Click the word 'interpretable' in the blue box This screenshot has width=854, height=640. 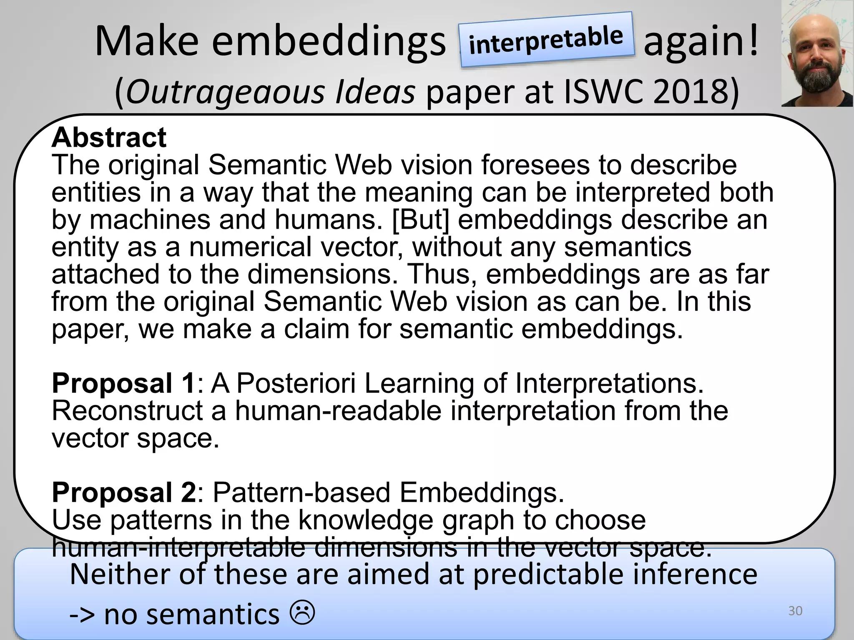[546, 40]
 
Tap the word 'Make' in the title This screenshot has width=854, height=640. [147, 42]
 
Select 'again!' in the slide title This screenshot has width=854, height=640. [701, 42]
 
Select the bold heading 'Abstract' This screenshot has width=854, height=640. [109, 137]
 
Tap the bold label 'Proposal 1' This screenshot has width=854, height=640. [123, 383]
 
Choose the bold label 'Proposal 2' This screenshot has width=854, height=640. [124, 492]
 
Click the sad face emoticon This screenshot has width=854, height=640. [302, 613]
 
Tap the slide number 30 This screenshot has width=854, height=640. [795, 611]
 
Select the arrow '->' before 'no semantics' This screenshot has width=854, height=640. [82, 615]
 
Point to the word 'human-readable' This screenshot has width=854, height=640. [338, 411]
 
